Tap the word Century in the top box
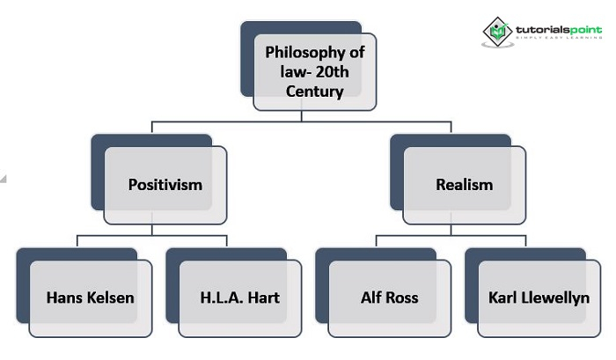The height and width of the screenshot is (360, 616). [x=315, y=91]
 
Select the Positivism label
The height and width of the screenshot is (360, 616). [x=165, y=185]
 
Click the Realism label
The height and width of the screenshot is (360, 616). [x=465, y=185]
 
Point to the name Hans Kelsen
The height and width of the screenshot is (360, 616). [x=91, y=297]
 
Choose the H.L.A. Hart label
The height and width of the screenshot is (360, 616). [x=239, y=297]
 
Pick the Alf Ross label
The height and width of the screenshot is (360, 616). [x=390, y=297]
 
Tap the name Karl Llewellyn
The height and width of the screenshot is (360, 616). [x=539, y=297]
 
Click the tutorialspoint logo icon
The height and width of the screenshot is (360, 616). [x=498, y=32]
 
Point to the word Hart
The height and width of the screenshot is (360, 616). [x=263, y=297]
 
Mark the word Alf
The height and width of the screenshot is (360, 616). [x=370, y=297]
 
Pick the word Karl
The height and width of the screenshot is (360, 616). [x=503, y=297]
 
